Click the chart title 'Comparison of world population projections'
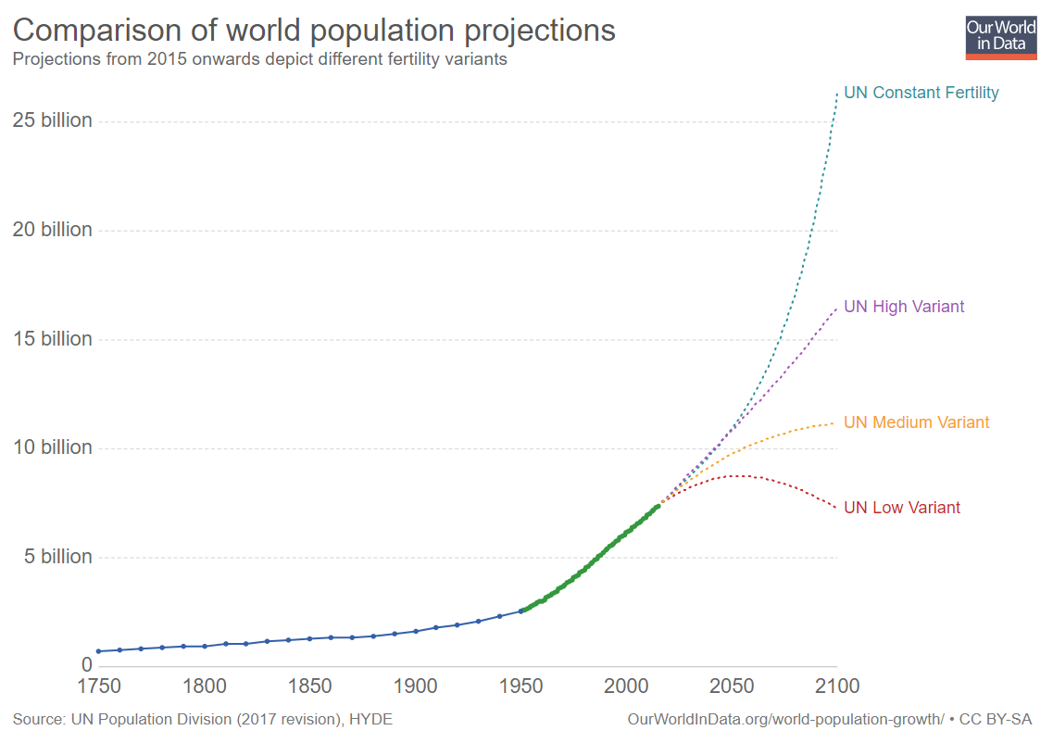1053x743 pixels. tap(314, 31)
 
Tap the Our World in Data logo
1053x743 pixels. tap(1001, 36)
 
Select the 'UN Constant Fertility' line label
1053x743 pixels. tap(921, 93)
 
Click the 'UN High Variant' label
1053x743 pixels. tap(904, 307)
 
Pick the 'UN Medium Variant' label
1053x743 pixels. tap(917, 422)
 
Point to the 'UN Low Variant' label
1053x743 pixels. tap(902, 508)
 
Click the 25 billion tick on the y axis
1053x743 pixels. tap(53, 121)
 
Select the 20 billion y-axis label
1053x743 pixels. tap(53, 230)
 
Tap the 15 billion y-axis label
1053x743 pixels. tap(53, 339)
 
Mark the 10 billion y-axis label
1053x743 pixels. tap(53, 447)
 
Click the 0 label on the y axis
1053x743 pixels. tap(87, 665)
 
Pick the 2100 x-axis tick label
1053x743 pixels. tap(836, 686)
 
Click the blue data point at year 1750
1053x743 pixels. tap(99, 651)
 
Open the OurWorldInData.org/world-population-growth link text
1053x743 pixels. tap(785, 719)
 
